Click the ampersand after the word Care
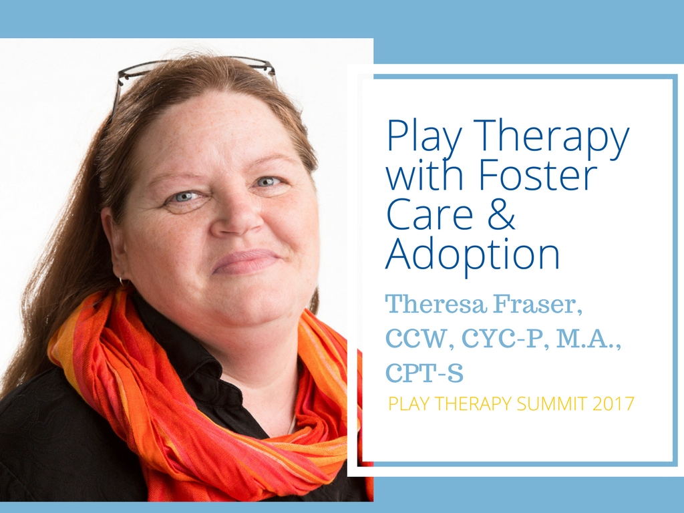point(502,214)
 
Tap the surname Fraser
point(538,305)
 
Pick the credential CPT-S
point(424,373)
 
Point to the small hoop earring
point(124,282)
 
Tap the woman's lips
point(246,261)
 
